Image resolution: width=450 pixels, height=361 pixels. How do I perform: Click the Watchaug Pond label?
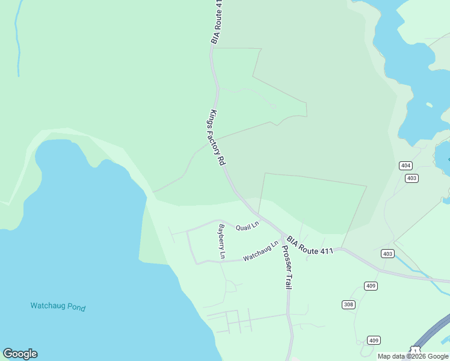(x=58, y=307)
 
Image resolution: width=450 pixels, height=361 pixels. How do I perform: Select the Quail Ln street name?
(x=247, y=226)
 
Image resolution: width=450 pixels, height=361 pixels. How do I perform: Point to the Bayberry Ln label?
(x=221, y=241)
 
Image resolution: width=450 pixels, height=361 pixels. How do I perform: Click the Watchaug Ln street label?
(x=261, y=251)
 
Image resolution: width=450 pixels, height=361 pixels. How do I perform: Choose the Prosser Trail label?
(x=286, y=265)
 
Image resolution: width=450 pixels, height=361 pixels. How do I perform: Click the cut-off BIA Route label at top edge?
(x=217, y=22)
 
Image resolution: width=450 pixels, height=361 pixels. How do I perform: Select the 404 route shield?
(x=405, y=165)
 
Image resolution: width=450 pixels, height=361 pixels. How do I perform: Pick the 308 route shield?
(x=348, y=304)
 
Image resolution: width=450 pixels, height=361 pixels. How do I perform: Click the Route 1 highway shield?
(x=415, y=351)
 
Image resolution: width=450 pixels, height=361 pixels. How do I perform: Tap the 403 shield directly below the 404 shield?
(x=411, y=178)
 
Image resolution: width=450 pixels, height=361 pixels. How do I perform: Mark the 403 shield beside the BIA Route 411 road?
(x=387, y=254)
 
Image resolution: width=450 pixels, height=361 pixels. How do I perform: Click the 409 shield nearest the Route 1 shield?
(x=374, y=340)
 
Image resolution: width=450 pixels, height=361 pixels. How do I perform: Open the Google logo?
(x=20, y=354)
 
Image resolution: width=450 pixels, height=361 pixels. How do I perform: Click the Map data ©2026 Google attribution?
(x=413, y=356)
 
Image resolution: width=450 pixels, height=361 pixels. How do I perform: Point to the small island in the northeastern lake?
(x=428, y=105)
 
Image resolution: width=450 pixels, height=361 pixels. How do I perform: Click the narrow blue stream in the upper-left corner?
(x=17, y=42)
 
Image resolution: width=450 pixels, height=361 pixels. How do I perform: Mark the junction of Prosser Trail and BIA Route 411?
(x=283, y=235)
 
